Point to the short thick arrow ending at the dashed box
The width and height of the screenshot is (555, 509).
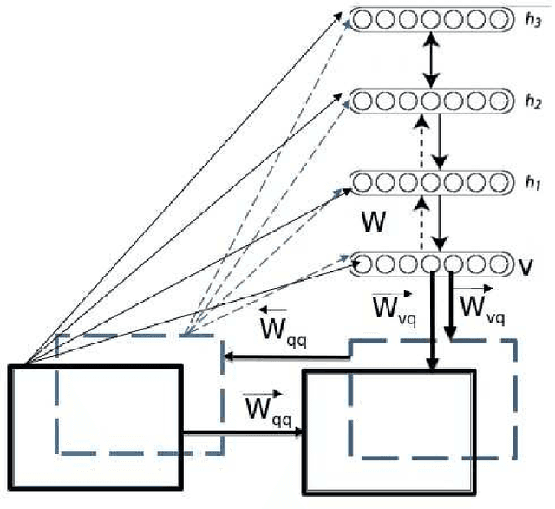(x=450, y=308)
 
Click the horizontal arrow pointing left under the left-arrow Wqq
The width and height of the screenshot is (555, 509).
(x=286, y=355)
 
